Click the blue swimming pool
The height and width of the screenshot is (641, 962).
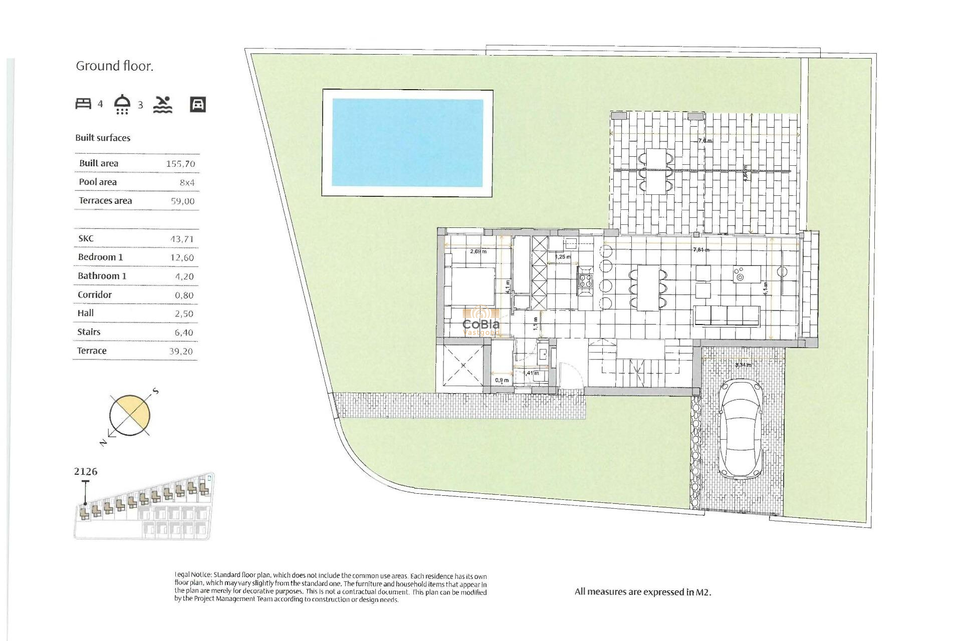pos(407,143)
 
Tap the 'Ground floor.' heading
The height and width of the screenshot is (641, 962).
pos(114,66)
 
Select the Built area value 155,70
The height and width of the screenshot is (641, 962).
pos(180,164)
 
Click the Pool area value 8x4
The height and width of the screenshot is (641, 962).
pos(187,183)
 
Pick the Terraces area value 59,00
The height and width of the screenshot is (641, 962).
pos(182,201)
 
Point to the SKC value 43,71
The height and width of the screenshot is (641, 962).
pos(181,239)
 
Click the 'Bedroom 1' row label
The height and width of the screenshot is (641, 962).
pos(100,257)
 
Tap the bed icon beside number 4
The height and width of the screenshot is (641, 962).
pos(83,104)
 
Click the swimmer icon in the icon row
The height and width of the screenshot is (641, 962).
pos(163,104)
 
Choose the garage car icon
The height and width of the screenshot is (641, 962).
pos(198,104)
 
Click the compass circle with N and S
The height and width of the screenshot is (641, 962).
pos(130,415)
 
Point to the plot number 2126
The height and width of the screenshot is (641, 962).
pos(86,472)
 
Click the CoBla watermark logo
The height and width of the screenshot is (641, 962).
pos(481,323)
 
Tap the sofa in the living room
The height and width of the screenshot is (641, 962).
pos(727,315)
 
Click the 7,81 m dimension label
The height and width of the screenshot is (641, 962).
pos(700,249)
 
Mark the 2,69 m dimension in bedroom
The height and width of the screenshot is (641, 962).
pos(478,251)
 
